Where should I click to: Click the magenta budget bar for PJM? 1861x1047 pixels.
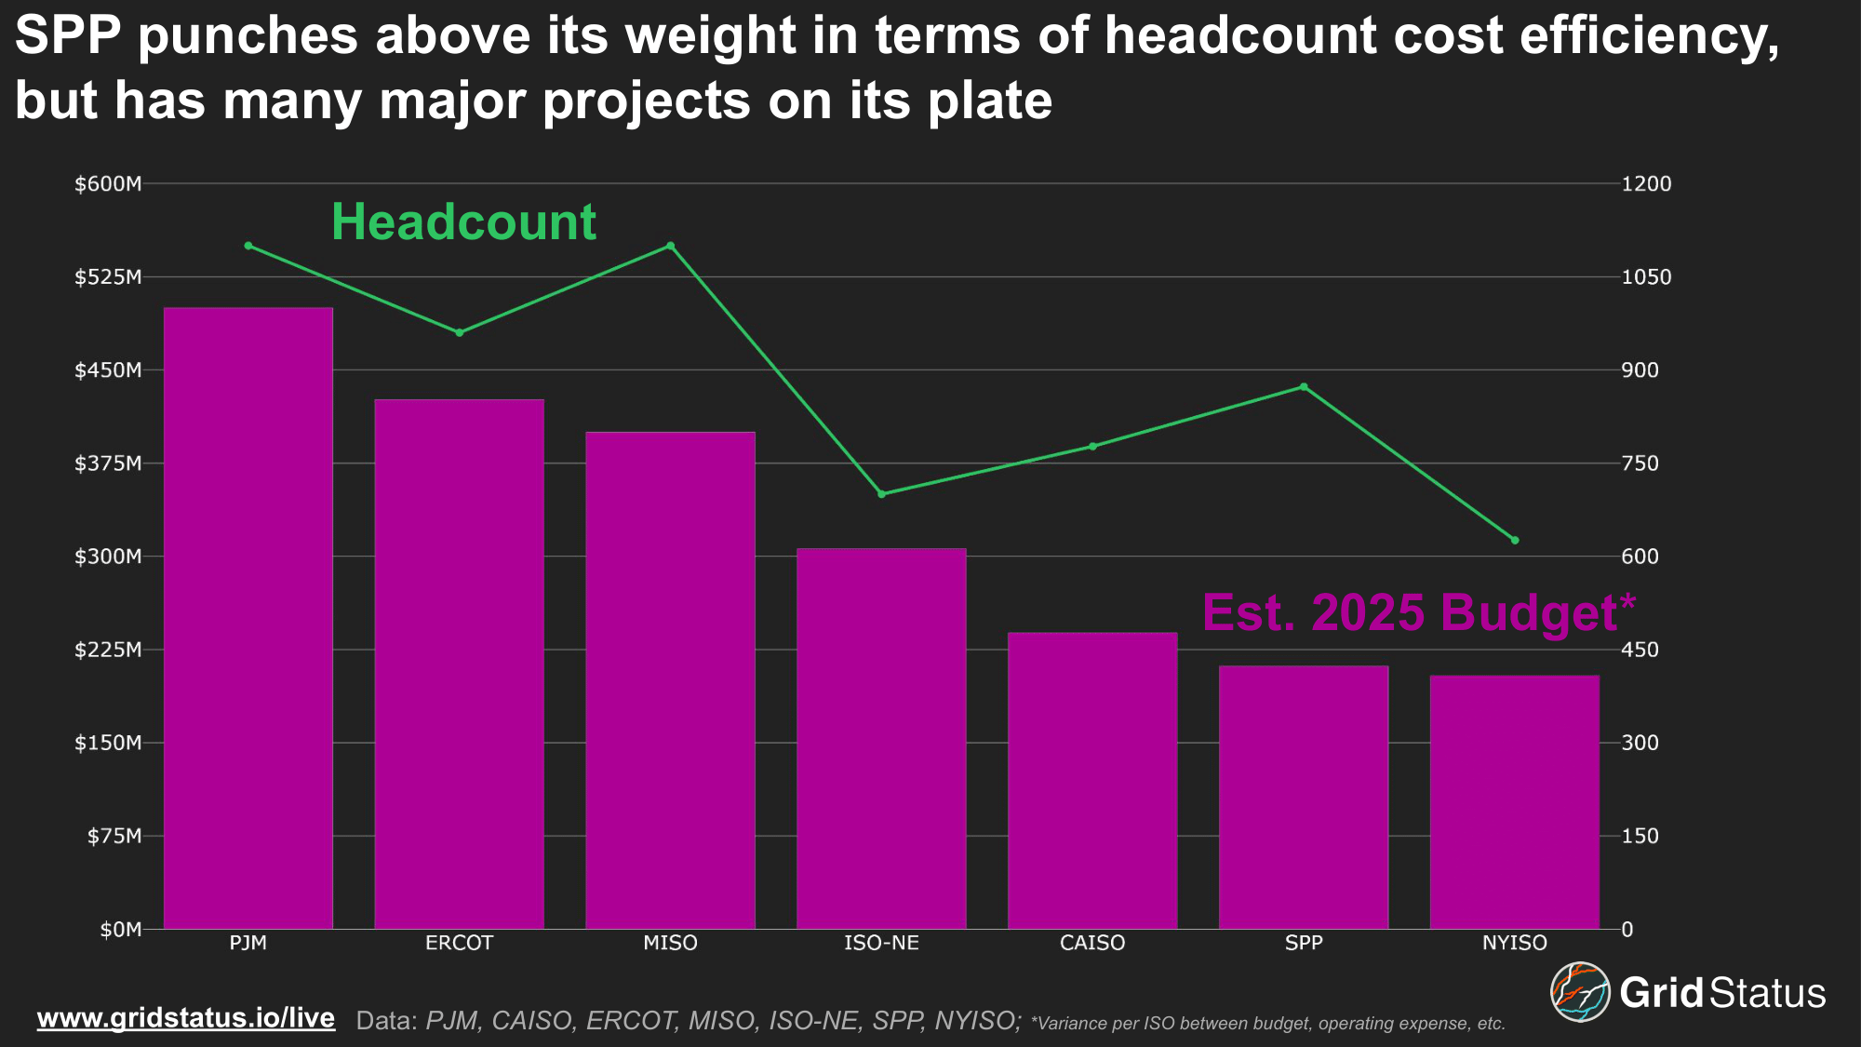click(x=248, y=618)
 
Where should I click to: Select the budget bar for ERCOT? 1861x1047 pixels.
click(x=459, y=664)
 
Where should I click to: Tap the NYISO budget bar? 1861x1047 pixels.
click(x=1514, y=801)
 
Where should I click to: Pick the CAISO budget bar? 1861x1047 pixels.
click(x=1092, y=780)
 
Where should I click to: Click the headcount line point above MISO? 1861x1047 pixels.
click(x=670, y=246)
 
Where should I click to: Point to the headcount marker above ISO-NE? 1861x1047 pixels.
click(x=881, y=493)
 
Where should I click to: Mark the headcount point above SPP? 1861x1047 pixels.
click(x=1304, y=386)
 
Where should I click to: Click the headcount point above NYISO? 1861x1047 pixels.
click(x=1515, y=540)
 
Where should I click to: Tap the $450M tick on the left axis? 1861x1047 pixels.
click(x=108, y=370)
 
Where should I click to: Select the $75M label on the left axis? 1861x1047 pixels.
click(x=114, y=836)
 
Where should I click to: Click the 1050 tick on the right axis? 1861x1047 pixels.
click(x=1646, y=277)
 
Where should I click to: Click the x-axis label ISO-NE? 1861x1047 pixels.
click(x=881, y=943)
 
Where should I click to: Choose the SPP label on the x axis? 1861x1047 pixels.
click(x=1304, y=943)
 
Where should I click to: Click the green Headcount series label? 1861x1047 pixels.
click(x=463, y=222)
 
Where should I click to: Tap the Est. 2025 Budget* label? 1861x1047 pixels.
click(x=1418, y=612)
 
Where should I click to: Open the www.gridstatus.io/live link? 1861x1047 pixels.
click(x=186, y=1018)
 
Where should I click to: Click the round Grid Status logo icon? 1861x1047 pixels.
click(x=1579, y=992)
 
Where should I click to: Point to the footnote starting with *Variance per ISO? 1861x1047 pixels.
click(x=1267, y=1024)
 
